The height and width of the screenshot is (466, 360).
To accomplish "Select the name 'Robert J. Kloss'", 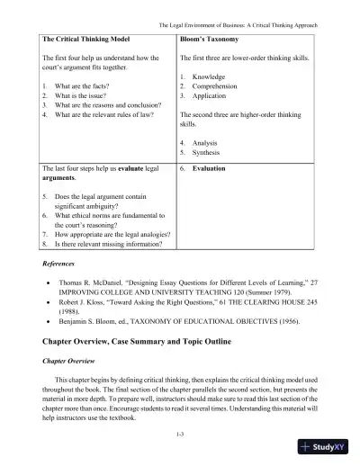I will (94, 304).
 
